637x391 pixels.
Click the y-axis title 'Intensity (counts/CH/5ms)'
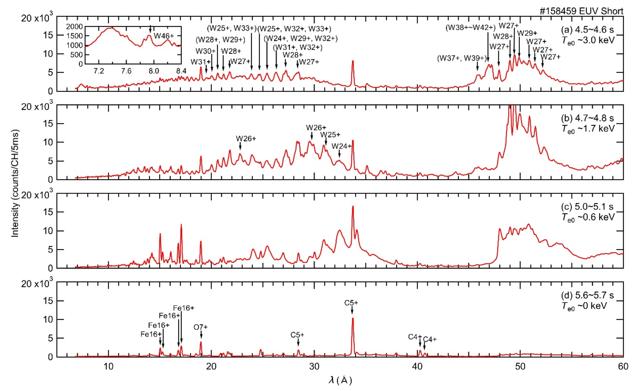[15, 183]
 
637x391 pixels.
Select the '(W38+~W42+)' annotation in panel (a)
[470, 28]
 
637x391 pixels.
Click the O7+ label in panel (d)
[201, 327]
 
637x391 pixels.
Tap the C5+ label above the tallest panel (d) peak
[351, 303]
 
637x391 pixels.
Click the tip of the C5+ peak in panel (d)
[353, 319]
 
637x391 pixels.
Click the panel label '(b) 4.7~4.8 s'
[587, 118]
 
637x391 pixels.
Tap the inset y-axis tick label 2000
[74, 27]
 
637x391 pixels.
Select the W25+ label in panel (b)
[330, 135]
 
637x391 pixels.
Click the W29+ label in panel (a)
[527, 33]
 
